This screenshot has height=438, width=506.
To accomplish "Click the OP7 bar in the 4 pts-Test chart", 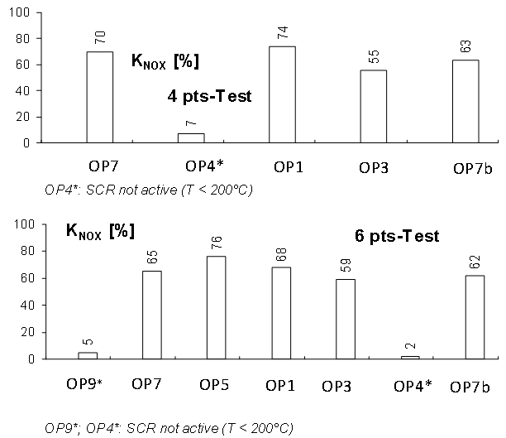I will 99,97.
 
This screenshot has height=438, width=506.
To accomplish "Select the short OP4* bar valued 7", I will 191,137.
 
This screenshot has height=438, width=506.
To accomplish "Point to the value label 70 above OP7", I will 100,38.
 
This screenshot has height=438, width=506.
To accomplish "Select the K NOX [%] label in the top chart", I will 165,60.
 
